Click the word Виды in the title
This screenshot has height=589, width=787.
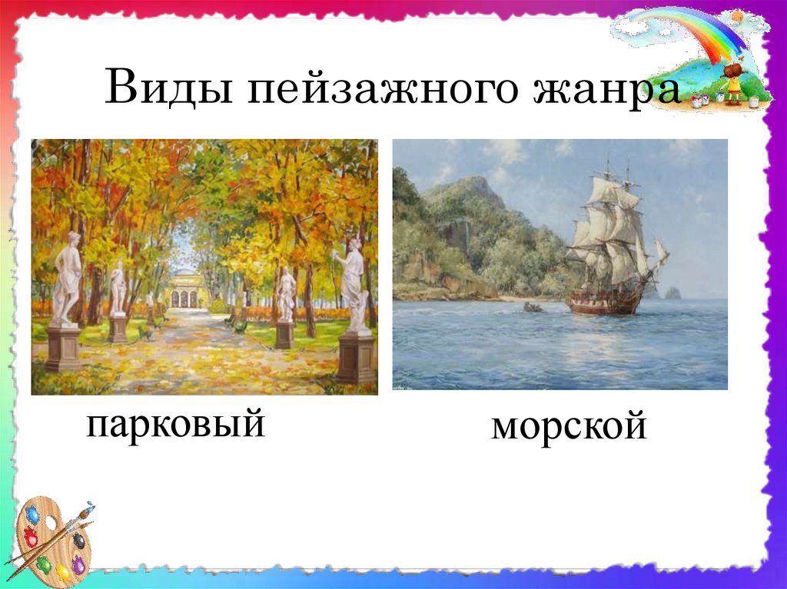pos(169,87)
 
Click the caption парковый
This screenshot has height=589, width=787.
pos(176,425)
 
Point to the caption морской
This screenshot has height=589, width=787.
pos(569,426)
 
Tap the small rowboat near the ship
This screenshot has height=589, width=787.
pos(533,306)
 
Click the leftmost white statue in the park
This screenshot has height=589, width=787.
pos(67,279)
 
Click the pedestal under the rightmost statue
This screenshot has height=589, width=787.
pos(357,357)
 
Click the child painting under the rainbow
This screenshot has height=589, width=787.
pos(734,83)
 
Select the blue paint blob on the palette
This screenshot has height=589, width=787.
pos(33,515)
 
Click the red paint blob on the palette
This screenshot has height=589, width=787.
pos(31,537)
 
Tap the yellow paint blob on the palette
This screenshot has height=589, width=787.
pos(62,572)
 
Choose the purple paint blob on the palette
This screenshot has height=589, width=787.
pos(78,564)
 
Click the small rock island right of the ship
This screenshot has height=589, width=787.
pos(672,293)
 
